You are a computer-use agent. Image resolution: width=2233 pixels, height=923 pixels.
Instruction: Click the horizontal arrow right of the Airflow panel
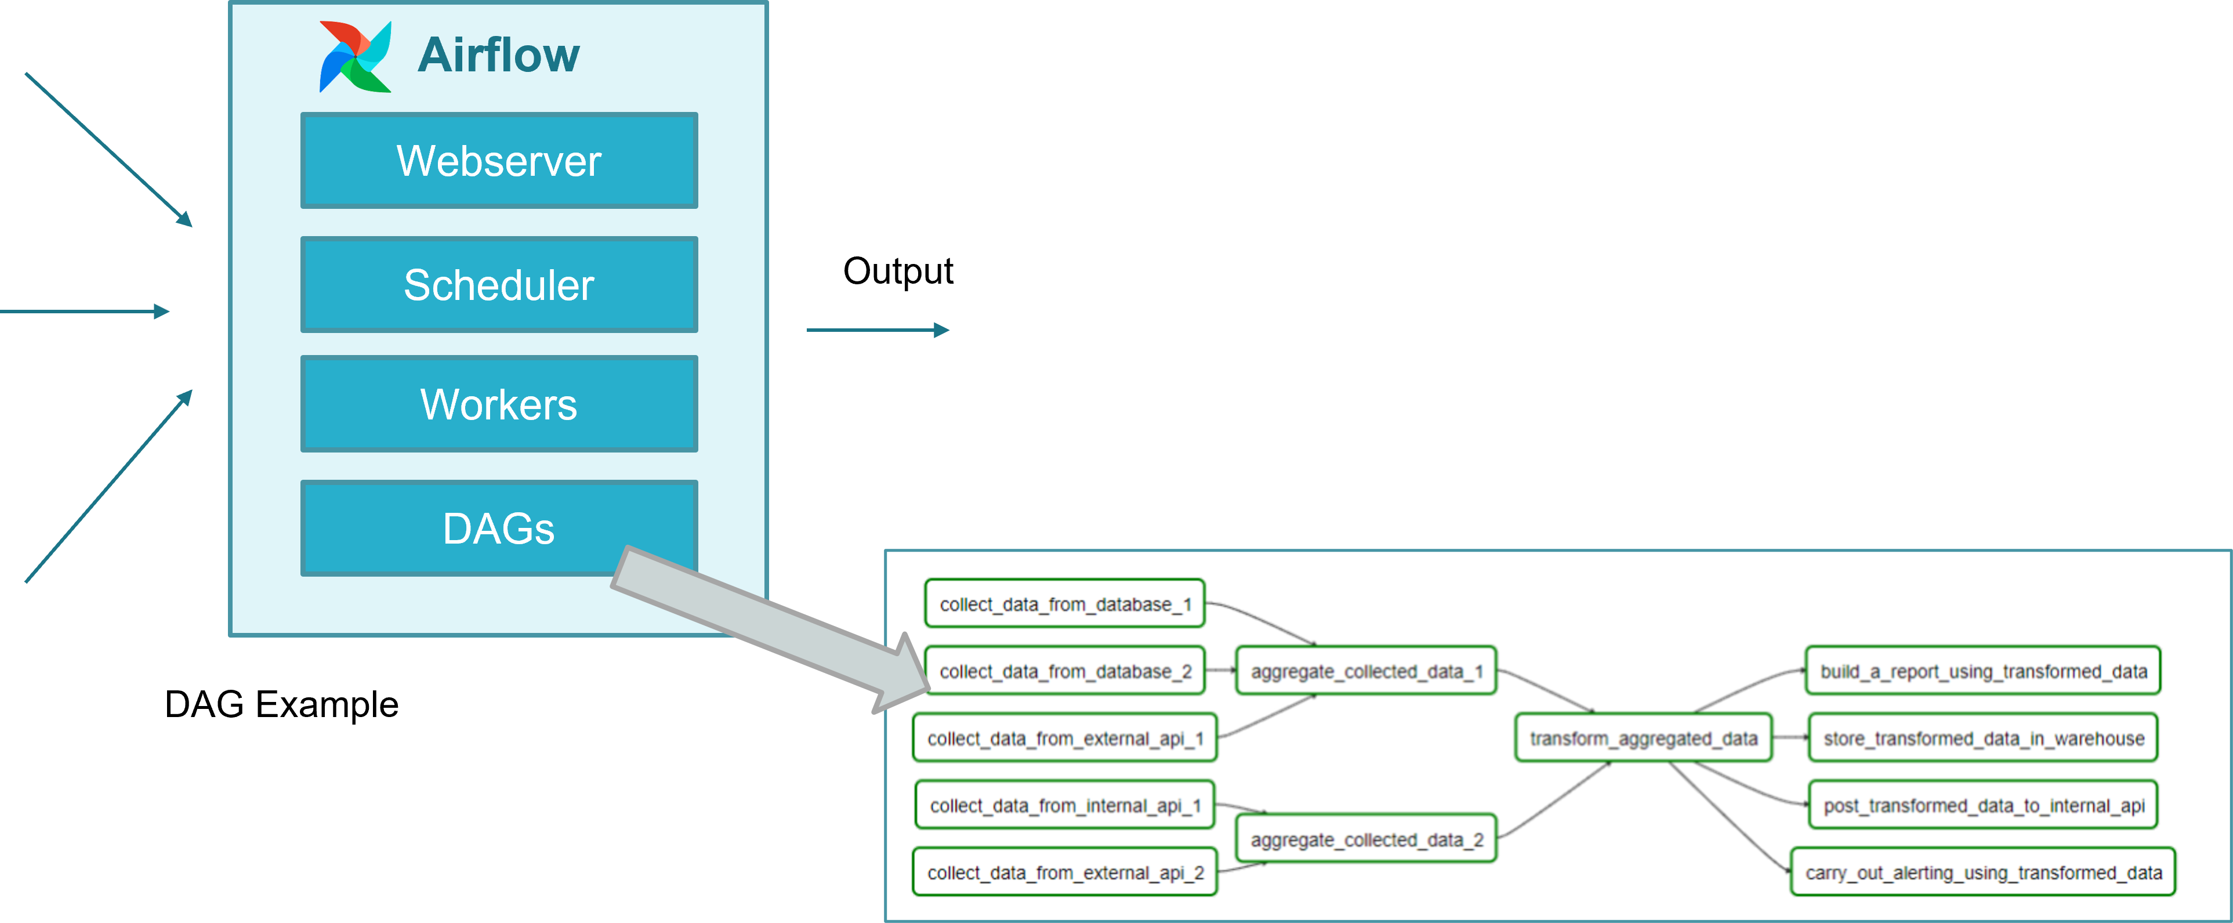(877, 330)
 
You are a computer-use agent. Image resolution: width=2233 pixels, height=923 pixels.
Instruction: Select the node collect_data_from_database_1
(1064, 604)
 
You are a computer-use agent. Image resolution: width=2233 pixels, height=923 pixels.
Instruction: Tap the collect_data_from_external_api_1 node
(1064, 739)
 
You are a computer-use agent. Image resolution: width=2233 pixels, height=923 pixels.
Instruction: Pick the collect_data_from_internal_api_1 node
(1064, 805)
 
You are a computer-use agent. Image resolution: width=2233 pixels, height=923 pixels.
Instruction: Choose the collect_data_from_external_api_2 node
(1064, 873)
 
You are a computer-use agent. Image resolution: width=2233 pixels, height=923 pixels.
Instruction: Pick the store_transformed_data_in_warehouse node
(1982, 739)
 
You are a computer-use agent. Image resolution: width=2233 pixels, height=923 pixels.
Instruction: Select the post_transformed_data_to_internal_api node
(1982, 805)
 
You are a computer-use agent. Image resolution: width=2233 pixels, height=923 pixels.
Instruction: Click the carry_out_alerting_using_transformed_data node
(1982, 873)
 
